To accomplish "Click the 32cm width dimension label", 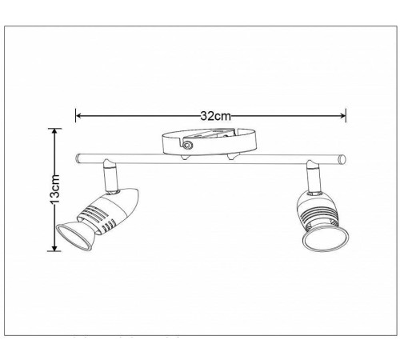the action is point(215,116).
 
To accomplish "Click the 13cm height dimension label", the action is point(55,189).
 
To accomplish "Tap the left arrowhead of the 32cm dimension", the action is point(78,116).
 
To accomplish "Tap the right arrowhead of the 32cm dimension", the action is point(342,115).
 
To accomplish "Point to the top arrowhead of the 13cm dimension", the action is point(54,131).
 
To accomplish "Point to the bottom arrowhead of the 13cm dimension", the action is point(54,248).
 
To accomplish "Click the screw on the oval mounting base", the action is point(187,145).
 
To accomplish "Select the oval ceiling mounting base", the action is point(210,142).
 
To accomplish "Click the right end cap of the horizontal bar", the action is point(342,159).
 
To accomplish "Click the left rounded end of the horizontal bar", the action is point(78,158).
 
